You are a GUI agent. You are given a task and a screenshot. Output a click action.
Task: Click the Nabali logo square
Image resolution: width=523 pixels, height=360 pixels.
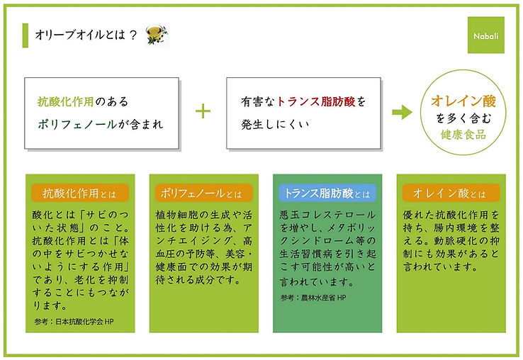485,35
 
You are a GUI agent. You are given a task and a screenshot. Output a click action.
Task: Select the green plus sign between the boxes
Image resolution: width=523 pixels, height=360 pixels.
203,111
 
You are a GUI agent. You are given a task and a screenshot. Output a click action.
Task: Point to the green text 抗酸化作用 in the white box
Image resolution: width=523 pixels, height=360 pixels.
65,101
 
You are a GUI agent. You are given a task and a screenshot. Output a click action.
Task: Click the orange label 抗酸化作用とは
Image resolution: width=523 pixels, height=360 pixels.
79,193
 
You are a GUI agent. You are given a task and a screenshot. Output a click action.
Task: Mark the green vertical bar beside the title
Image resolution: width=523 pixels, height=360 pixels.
26,35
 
